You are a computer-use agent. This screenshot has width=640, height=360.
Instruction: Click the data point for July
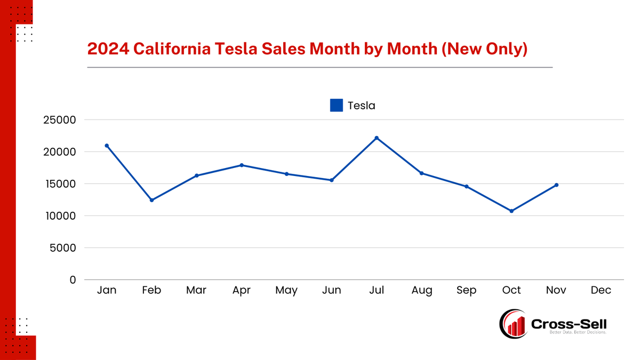click(x=377, y=138)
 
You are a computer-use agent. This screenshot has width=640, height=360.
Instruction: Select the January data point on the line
click(x=107, y=146)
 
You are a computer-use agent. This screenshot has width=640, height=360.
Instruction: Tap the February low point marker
click(x=151, y=200)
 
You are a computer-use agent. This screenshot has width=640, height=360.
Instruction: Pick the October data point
click(x=511, y=211)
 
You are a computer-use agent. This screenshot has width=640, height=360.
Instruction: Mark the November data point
click(x=556, y=185)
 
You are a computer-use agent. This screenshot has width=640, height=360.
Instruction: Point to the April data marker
click(x=242, y=165)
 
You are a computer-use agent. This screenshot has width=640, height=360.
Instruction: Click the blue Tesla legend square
click(x=337, y=106)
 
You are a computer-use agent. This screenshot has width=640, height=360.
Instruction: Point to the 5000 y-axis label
click(x=64, y=248)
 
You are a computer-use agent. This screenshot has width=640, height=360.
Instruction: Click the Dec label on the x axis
click(x=601, y=291)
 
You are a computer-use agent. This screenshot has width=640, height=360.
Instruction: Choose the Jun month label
click(x=332, y=291)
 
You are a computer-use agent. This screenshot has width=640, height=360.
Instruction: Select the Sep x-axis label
click(x=467, y=291)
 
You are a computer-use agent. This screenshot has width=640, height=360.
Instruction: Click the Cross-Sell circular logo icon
click(x=514, y=324)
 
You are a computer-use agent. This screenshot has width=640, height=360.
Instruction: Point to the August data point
click(x=421, y=173)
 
